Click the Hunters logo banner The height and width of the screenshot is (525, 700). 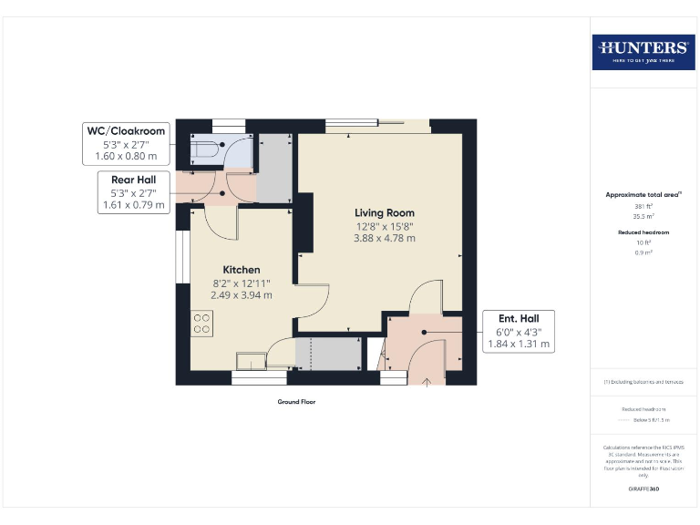(643, 52)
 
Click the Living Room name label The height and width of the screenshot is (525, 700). (384, 212)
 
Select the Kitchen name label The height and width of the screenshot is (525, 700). (242, 270)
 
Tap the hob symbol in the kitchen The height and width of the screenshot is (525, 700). (202, 324)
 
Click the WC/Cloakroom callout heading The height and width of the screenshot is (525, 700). (126, 131)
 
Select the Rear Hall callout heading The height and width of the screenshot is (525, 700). (133, 180)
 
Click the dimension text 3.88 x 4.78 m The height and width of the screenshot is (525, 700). (384, 238)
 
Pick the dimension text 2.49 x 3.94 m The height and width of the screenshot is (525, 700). (242, 295)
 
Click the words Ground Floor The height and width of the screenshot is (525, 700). (296, 401)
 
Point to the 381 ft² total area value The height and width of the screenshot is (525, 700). (643, 207)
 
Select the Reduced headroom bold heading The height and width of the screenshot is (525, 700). (643, 232)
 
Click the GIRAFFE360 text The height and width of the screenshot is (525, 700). (643, 489)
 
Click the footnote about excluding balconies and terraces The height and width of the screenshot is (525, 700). (643, 382)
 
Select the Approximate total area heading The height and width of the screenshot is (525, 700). (643, 195)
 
